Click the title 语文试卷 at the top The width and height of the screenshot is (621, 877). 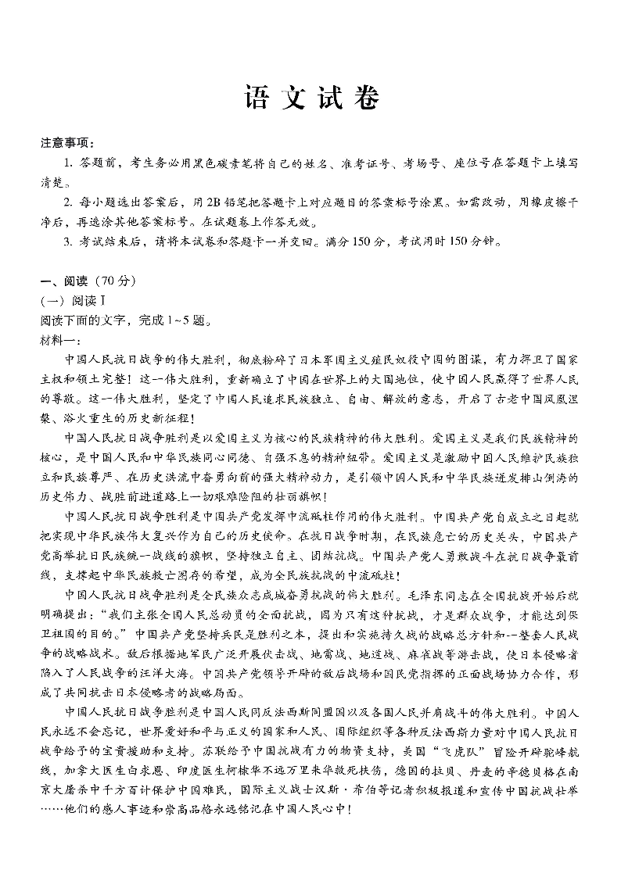(311, 99)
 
